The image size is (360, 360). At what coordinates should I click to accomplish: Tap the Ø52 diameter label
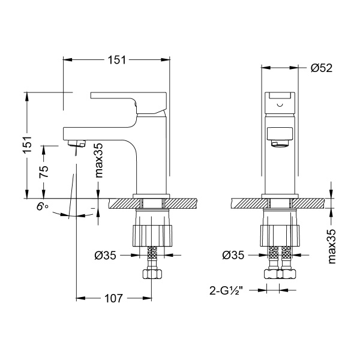[322, 68]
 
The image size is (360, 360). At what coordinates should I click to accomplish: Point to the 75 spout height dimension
[43, 171]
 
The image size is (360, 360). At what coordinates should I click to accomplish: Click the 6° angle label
[42, 207]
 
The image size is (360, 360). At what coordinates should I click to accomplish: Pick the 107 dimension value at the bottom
[113, 298]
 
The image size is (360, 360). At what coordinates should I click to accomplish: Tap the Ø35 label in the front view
[234, 254]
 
